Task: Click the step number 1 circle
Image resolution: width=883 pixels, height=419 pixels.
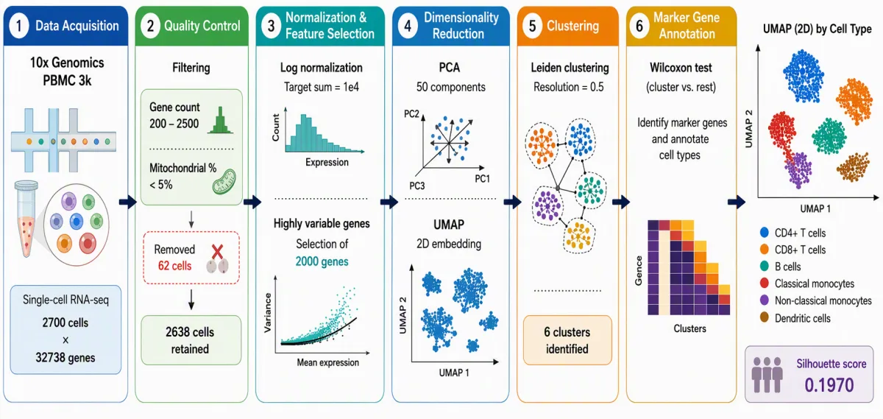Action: point(18,26)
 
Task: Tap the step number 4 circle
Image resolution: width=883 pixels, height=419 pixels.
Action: point(408,26)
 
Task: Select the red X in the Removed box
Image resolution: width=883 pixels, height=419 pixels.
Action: point(217,252)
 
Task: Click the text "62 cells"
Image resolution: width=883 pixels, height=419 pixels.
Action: point(174,266)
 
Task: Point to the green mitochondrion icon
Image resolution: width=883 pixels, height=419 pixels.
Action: point(224,181)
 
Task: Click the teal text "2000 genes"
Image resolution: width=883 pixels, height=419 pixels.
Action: point(322,261)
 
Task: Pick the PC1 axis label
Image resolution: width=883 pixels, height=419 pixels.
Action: point(482,179)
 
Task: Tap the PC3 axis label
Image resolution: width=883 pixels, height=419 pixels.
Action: point(417,186)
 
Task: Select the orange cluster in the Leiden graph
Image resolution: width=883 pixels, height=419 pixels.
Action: point(542,145)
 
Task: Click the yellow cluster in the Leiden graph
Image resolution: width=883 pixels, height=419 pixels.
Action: point(578,236)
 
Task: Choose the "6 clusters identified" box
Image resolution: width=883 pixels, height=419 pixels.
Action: point(567,340)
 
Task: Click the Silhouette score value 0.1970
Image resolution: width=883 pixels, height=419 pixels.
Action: point(829,385)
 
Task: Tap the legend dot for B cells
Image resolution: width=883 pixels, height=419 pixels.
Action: point(765,267)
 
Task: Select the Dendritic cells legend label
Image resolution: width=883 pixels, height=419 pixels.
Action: point(803,318)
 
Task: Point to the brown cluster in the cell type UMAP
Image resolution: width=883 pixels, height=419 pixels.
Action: point(854,167)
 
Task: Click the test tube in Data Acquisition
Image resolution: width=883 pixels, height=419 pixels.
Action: point(26,218)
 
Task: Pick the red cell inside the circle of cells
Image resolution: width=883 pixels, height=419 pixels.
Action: point(88,244)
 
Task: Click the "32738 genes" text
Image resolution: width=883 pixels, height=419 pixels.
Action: point(65,357)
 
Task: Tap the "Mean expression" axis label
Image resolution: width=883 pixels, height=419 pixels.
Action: point(328,362)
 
